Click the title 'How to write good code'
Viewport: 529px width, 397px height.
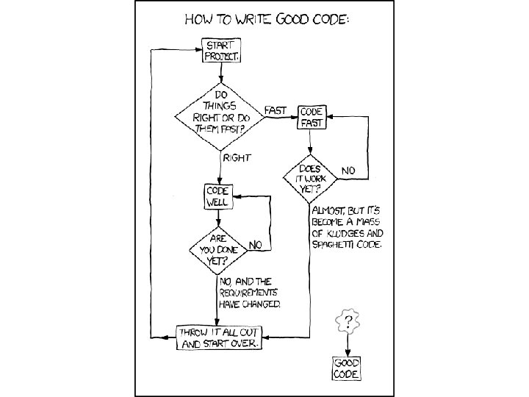[266, 18]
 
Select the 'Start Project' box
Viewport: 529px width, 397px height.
[221, 50]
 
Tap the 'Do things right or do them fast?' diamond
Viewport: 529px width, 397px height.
[221, 116]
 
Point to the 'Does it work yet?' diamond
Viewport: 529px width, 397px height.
[311, 176]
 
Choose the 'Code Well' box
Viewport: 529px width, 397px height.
[217, 196]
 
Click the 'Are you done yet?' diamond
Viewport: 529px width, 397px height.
[217, 248]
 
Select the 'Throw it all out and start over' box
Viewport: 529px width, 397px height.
[218, 337]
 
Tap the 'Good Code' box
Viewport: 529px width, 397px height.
[347, 368]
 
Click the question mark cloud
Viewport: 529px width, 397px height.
[346, 321]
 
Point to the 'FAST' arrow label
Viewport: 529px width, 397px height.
[276, 109]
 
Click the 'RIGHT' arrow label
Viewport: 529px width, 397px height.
[237, 157]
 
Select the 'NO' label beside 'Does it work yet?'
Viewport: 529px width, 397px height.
[348, 171]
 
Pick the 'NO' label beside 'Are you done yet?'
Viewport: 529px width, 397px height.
[256, 243]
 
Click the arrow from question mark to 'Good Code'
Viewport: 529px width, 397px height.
[346, 345]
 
